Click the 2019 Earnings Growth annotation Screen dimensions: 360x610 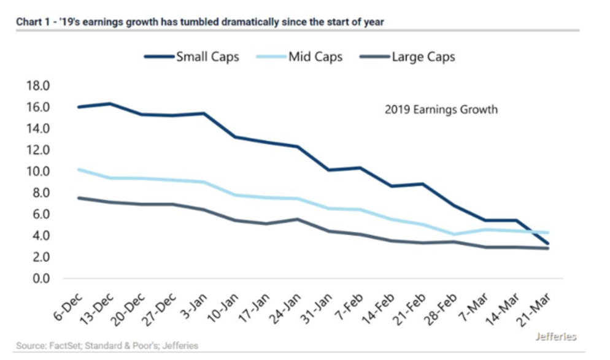pyautogui.click(x=441, y=110)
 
